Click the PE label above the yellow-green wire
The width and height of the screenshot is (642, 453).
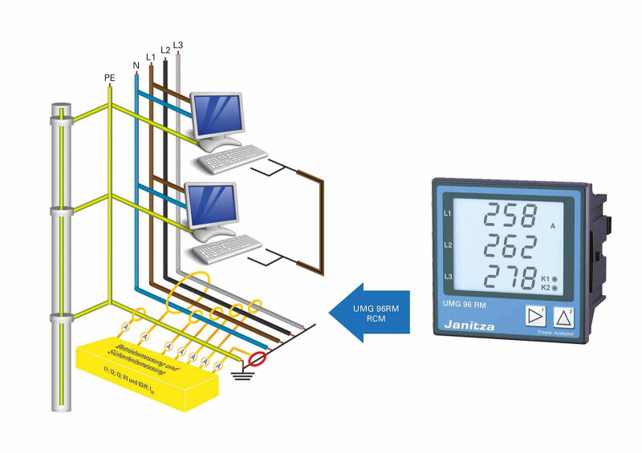pyautogui.click(x=110, y=78)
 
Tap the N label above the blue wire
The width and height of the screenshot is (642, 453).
pyautogui.click(x=136, y=63)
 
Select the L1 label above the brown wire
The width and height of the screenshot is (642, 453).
pyautogui.click(x=150, y=56)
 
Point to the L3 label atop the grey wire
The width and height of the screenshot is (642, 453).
pyautogui.click(x=177, y=45)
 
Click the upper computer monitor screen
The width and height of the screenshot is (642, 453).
pyautogui.click(x=216, y=113)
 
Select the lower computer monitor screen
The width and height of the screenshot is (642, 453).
pyautogui.click(x=211, y=204)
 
